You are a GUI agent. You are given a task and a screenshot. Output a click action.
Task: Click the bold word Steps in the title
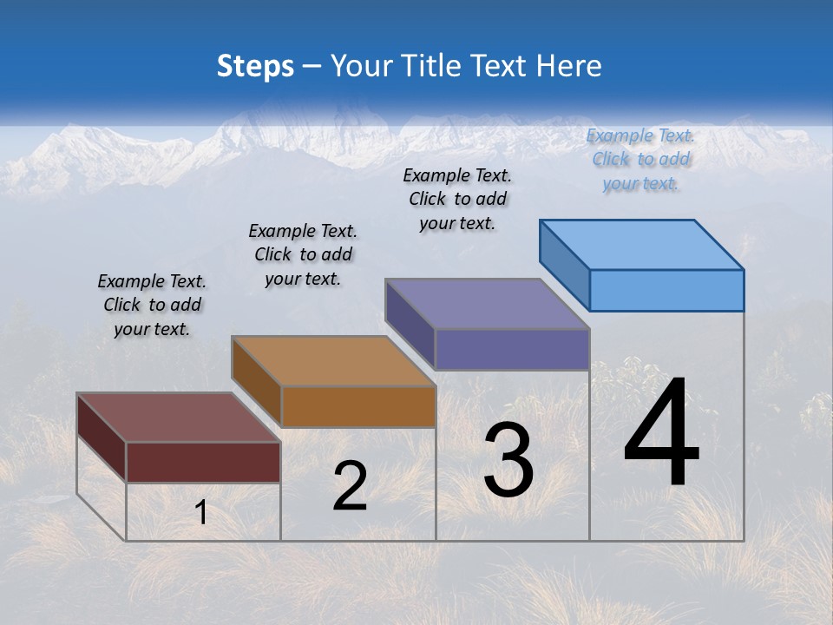click(255, 66)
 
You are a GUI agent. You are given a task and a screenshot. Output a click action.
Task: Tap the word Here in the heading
click(569, 66)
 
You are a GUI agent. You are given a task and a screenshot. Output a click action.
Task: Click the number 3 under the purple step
click(508, 460)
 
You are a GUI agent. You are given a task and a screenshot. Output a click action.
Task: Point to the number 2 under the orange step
click(350, 486)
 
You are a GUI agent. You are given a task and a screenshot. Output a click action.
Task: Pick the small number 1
click(200, 513)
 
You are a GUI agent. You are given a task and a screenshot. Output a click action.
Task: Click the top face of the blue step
click(642, 244)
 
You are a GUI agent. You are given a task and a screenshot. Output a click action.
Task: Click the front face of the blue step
click(666, 290)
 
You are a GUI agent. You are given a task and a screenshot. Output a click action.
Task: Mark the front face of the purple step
click(512, 349)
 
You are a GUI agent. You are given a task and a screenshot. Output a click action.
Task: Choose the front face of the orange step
click(358, 406)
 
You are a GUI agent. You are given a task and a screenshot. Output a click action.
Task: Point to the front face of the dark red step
click(203, 462)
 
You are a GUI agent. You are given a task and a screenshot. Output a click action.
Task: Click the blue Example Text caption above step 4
click(640, 159)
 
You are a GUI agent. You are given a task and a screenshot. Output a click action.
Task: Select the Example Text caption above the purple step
click(458, 199)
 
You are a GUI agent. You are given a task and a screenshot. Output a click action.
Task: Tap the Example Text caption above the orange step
click(303, 254)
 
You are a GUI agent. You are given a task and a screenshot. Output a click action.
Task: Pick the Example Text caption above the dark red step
click(152, 305)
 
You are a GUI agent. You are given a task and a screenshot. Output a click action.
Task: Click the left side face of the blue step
click(565, 265)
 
